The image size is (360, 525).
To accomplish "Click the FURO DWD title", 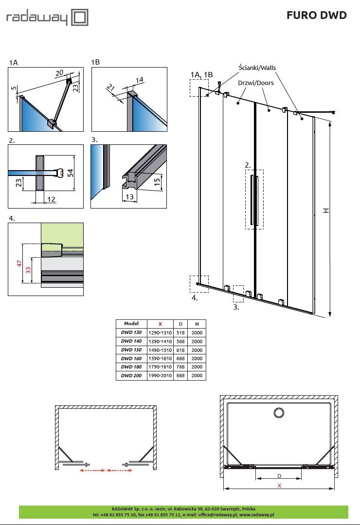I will point(316,16).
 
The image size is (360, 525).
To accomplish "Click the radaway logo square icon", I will point(80,18).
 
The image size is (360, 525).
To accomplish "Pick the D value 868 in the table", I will point(181,376).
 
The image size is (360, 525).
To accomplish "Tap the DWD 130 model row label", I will point(131,332).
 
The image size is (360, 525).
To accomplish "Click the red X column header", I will point(161,324).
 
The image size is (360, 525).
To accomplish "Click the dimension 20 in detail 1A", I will point(59,72).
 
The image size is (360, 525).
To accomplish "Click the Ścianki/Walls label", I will point(257,68).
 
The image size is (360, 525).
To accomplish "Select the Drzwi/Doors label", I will point(256,83).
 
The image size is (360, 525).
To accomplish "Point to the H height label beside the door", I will point(326,210).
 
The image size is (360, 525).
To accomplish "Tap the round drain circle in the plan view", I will point(279,413).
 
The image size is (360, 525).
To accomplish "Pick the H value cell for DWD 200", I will point(197,376).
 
